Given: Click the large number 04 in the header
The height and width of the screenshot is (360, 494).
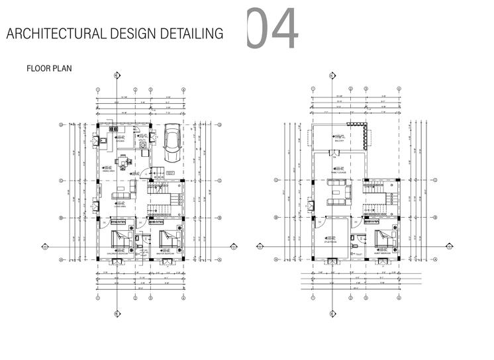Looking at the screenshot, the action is click(x=272, y=29).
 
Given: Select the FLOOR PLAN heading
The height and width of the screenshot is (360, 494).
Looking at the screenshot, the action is click(x=48, y=68).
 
